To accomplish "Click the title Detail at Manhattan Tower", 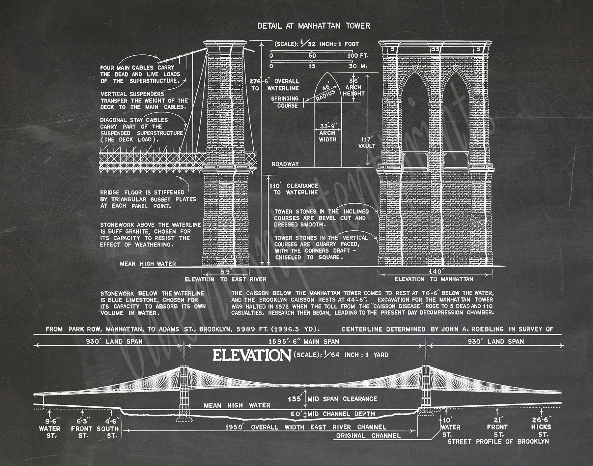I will point(313,26).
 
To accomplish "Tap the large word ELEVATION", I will point(251,355).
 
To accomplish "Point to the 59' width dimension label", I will point(226,272).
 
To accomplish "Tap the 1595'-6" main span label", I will point(303,341).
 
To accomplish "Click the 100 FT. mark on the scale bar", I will point(358,56).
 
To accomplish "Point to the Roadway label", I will point(285,164).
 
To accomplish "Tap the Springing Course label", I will point(285,102).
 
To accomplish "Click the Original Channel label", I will point(368,436).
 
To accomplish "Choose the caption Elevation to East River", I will point(225,279).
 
